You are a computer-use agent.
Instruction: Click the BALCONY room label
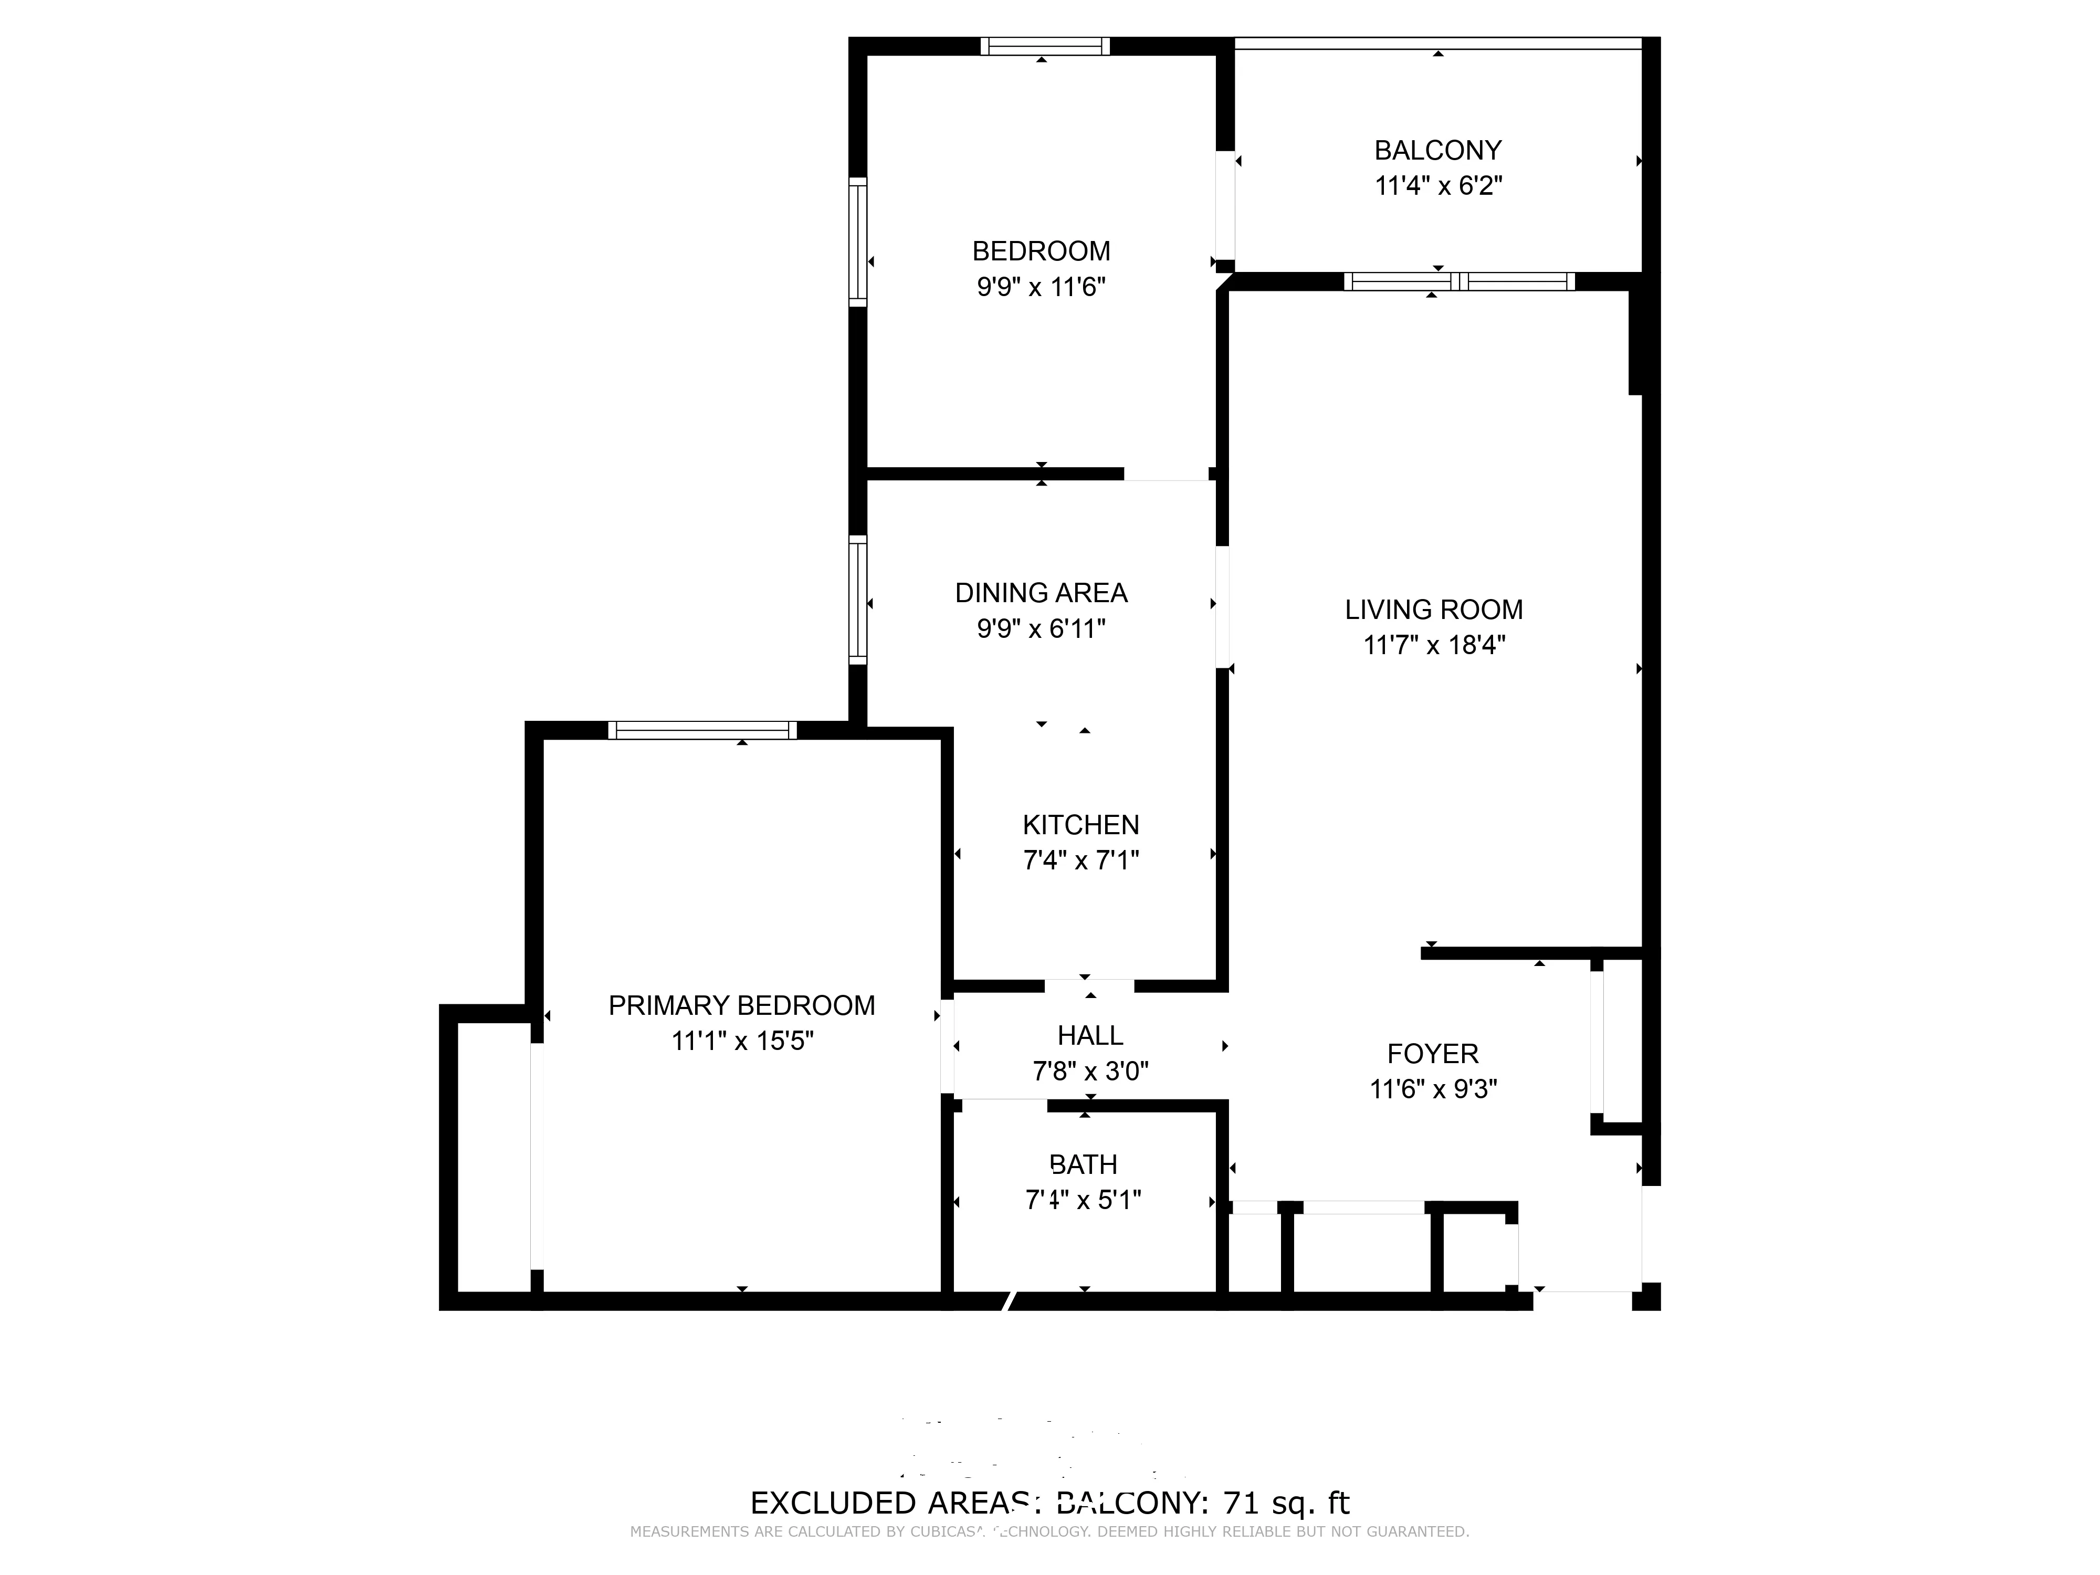[x=1437, y=150]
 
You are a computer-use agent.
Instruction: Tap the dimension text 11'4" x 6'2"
[x=1437, y=186]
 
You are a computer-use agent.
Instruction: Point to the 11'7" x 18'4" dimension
[x=1434, y=646]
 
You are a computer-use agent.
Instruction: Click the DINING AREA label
[x=1041, y=593]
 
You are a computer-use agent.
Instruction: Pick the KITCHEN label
[x=1080, y=825]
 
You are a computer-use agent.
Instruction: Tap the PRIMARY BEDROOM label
[x=741, y=1005]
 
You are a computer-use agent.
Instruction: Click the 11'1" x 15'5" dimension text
[x=741, y=1042]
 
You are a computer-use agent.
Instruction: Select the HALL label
[x=1090, y=1036]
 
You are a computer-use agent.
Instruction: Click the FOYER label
[x=1433, y=1054]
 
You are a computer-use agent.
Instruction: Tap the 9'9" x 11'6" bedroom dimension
[x=1041, y=287]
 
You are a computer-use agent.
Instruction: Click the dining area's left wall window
[x=857, y=600]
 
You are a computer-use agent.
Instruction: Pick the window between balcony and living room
[x=1459, y=281]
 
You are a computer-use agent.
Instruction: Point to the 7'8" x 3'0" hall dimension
[x=1090, y=1072]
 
